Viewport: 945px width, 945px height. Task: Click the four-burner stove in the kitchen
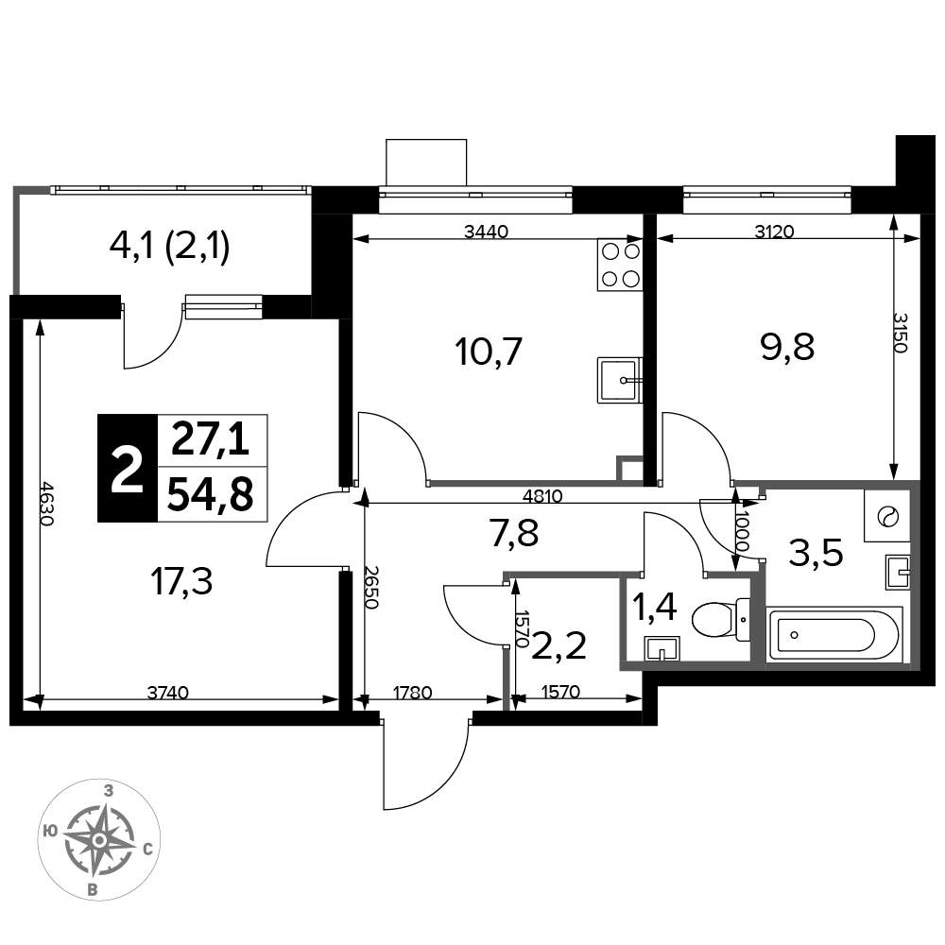point(620,265)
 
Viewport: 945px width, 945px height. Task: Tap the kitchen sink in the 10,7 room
point(620,380)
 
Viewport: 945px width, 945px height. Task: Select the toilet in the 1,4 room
point(721,619)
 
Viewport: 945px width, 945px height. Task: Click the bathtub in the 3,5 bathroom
point(834,634)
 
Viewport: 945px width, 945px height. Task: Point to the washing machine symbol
point(886,516)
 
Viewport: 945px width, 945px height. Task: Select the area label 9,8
point(788,347)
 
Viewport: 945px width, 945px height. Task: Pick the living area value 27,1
point(210,440)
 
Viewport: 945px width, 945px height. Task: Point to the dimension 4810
point(542,496)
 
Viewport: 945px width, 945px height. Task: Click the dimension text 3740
point(168,693)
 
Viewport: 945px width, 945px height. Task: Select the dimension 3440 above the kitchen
point(487,232)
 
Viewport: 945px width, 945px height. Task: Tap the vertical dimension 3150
point(900,332)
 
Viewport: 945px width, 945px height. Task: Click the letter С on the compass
point(147,850)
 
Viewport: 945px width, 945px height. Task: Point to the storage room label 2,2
point(558,646)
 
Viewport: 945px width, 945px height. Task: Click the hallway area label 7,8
point(514,533)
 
